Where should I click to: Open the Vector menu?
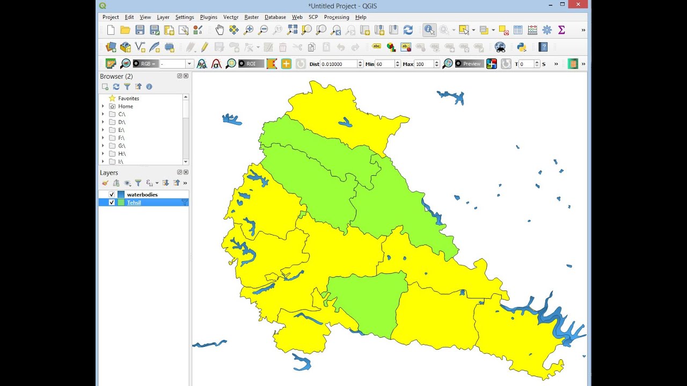pyautogui.click(x=231, y=17)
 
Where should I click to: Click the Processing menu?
pyautogui.click(x=337, y=17)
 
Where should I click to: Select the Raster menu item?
pyautogui.click(x=251, y=17)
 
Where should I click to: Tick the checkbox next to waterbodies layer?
pyautogui.click(x=112, y=195)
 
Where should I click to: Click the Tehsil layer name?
pyautogui.click(x=134, y=203)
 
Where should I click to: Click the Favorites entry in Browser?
pyautogui.click(x=128, y=99)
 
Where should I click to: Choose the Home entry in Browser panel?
pyautogui.click(x=126, y=106)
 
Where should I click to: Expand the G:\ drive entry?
pyautogui.click(x=103, y=146)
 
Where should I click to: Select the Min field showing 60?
pyautogui.click(x=384, y=64)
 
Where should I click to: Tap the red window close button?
pyautogui.click(x=578, y=4)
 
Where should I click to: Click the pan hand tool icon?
pyautogui.click(x=220, y=30)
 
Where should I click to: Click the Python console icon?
pyautogui.click(x=521, y=47)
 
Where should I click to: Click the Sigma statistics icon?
pyautogui.click(x=561, y=30)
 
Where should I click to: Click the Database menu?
pyautogui.click(x=275, y=17)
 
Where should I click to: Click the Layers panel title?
pyautogui.click(x=109, y=173)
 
